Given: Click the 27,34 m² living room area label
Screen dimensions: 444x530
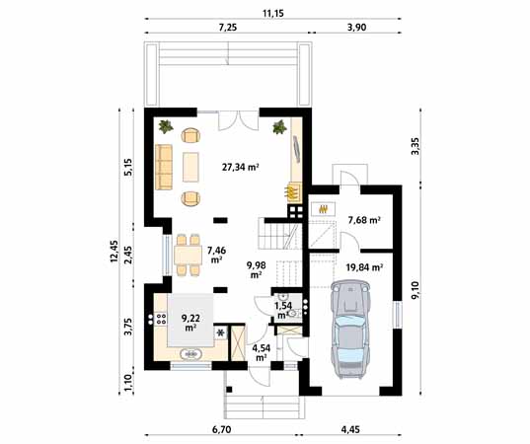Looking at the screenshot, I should pos(240,168).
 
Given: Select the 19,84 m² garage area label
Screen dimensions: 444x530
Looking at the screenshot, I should pos(364,266).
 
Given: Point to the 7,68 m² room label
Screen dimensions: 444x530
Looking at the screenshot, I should pos(364,220).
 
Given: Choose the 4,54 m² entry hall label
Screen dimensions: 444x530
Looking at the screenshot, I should pos(261,351).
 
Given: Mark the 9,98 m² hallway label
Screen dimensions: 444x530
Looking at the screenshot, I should pos(255,268).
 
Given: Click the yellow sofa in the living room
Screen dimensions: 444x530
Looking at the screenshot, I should pos(163,166).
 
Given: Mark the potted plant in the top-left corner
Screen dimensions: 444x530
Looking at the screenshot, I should pos(164,126).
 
